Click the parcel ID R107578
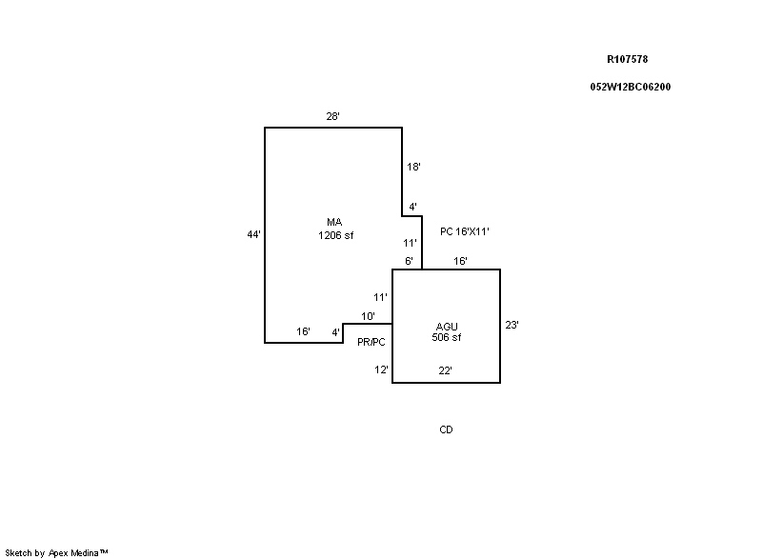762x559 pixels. pos(627,59)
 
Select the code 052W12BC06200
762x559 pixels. pos(631,87)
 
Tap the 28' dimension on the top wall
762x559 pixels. pos(332,116)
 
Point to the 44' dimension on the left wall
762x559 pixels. pos(253,234)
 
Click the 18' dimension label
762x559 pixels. pos(413,167)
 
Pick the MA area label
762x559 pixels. pos(334,222)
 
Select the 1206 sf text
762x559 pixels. pos(336,235)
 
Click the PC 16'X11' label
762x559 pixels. pos(465,231)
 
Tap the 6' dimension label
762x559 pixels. pos(409,261)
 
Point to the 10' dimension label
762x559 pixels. pos(368,317)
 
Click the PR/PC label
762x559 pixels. pos(371,342)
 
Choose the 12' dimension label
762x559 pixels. pos(381,370)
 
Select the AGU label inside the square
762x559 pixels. pos(447,327)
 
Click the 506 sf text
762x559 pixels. pos(447,337)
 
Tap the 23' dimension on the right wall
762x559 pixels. pos(511,325)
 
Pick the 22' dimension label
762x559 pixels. pos(445,370)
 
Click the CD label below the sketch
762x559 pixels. pos(446,429)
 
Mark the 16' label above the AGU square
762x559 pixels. pos(460,261)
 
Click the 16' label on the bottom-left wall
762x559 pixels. pos(303,331)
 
